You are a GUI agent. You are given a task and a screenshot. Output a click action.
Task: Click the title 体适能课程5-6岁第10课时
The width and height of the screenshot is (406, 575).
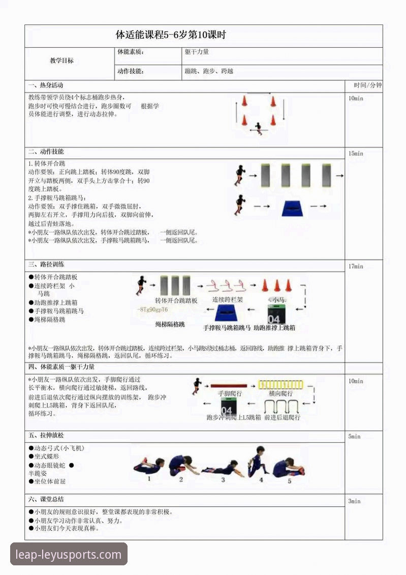pos(171,36)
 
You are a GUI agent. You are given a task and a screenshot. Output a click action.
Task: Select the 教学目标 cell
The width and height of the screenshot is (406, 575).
pos(61,61)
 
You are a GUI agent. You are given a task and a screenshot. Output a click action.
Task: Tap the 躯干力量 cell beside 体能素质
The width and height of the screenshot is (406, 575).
pos(197,52)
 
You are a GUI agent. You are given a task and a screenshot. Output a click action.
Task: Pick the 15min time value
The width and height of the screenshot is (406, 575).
pos(356,154)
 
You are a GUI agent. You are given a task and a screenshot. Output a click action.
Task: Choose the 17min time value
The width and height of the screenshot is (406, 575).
pos(356,266)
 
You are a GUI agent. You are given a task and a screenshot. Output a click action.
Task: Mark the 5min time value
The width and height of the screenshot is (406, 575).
pos(354,437)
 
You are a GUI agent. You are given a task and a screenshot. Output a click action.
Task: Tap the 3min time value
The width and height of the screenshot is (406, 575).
pos(354,501)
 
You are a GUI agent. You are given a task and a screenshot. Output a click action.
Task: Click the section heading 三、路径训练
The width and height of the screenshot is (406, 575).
pos(46,265)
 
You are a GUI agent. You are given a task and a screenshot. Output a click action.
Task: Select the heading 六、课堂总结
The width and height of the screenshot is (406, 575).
pos(46,499)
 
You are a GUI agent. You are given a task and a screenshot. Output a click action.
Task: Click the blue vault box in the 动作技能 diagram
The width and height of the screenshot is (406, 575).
pos(291,208)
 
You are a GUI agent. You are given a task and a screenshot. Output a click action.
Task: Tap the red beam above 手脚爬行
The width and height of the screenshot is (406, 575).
pos(229,386)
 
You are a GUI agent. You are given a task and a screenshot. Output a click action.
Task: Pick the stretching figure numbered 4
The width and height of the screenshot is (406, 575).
pos(258,462)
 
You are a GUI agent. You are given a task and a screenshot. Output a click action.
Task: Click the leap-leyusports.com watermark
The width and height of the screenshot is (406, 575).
pos(69,554)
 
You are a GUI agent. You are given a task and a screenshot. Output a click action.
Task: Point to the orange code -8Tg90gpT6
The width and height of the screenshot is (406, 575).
pos(152,309)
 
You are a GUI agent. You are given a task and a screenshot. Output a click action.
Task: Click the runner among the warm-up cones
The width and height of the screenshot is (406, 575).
pos(259,127)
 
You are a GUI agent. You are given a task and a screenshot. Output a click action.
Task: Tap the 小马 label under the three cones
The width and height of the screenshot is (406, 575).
pos(277,300)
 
